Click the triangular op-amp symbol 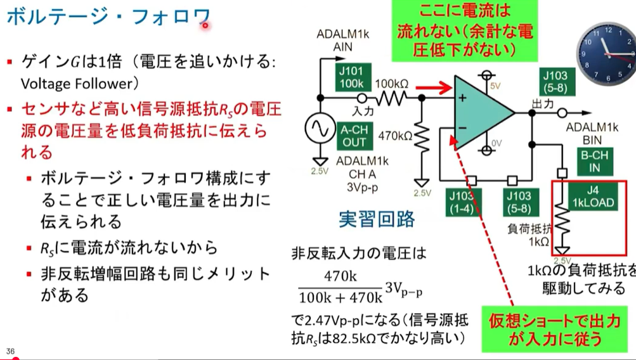click(482, 113)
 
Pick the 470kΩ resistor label click(395, 135)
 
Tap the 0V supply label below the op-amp click(498, 143)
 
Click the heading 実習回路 click(377, 219)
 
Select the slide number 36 click(10, 351)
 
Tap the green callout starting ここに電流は click(464, 30)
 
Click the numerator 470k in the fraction click(341, 276)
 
